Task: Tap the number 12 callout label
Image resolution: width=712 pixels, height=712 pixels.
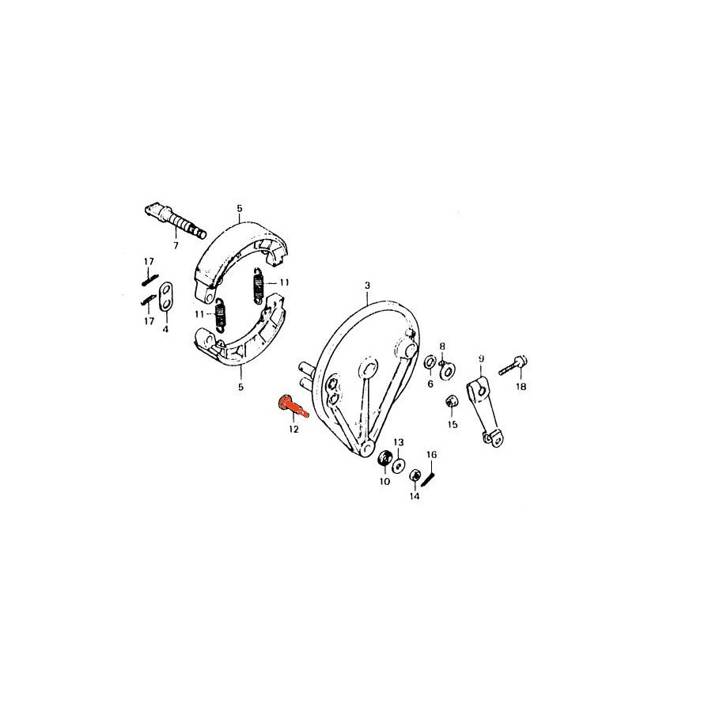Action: (x=294, y=429)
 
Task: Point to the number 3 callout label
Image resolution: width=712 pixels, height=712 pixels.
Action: (x=367, y=285)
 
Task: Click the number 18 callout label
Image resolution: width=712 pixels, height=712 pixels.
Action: (x=521, y=387)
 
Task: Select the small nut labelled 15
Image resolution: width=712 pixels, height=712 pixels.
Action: (x=452, y=402)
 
